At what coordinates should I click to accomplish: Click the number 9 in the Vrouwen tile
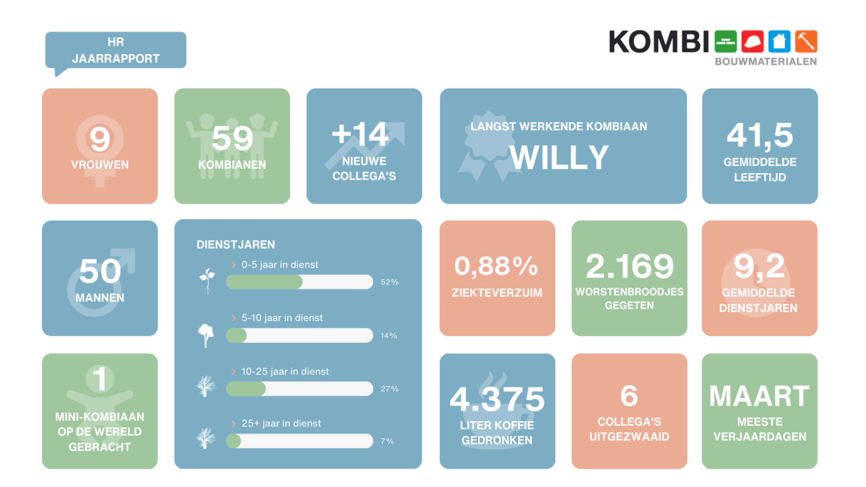(x=100, y=139)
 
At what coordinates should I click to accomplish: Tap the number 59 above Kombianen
(x=232, y=138)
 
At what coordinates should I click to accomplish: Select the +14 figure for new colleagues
(x=360, y=134)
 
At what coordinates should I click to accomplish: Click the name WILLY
(x=559, y=158)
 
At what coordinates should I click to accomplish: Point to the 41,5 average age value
(x=760, y=136)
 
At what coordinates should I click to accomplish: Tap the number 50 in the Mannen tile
(x=100, y=271)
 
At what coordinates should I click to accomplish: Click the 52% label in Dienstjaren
(x=389, y=282)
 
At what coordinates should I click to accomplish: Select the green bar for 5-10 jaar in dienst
(x=237, y=336)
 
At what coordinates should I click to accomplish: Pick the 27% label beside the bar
(x=389, y=389)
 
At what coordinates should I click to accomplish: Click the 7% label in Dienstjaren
(x=387, y=441)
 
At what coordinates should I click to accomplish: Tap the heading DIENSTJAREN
(x=236, y=245)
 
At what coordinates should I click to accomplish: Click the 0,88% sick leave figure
(x=496, y=266)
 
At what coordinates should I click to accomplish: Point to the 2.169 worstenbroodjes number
(x=629, y=266)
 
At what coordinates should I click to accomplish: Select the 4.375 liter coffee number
(x=497, y=399)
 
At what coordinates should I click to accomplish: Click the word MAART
(x=759, y=397)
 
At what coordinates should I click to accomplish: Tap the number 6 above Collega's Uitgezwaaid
(x=629, y=396)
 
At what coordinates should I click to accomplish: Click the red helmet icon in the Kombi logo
(x=752, y=42)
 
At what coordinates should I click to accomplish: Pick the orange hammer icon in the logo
(x=806, y=42)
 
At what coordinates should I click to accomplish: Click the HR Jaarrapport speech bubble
(x=115, y=50)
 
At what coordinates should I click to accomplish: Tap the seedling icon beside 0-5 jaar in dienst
(x=207, y=281)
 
